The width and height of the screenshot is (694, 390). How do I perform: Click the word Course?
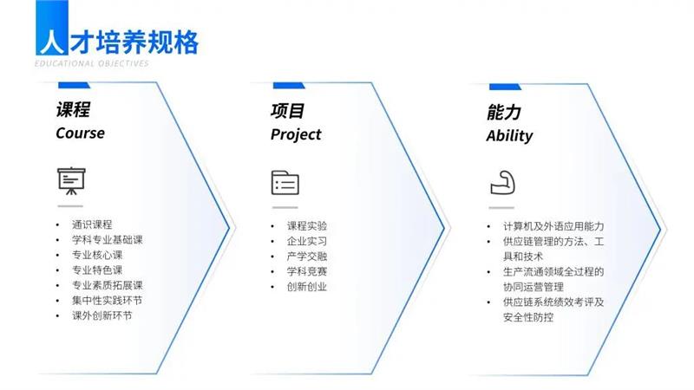(x=80, y=133)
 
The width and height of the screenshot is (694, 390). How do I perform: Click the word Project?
(x=296, y=135)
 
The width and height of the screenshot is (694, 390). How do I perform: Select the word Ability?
(x=509, y=136)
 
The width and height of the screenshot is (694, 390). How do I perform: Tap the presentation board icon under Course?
(x=71, y=180)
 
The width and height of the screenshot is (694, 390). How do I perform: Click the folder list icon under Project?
(x=285, y=183)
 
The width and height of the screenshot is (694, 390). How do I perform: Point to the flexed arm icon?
(x=503, y=183)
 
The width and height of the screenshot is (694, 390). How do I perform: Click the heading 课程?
(x=73, y=110)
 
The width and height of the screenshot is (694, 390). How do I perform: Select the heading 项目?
(x=288, y=111)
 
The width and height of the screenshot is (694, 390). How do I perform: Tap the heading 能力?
(x=504, y=113)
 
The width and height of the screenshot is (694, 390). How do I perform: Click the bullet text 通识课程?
(x=92, y=224)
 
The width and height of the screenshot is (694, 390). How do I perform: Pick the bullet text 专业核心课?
(x=97, y=255)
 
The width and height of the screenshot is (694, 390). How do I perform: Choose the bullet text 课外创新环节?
(x=102, y=315)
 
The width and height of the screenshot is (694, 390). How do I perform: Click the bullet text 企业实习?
(x=307, y=242)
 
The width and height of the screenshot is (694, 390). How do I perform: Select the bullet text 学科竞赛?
(x=307, y=271)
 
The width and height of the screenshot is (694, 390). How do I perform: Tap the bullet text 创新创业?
(x=307, y=287)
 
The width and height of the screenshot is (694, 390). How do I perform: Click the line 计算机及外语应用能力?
(x=553, y=226)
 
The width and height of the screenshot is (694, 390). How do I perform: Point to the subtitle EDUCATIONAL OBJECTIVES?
(x=92, y=63)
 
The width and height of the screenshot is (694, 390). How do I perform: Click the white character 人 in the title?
(x=52, y=42)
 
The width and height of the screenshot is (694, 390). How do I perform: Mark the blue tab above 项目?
(x=289, y=85)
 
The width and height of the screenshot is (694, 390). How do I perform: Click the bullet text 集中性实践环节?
(x=107, y=301)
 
